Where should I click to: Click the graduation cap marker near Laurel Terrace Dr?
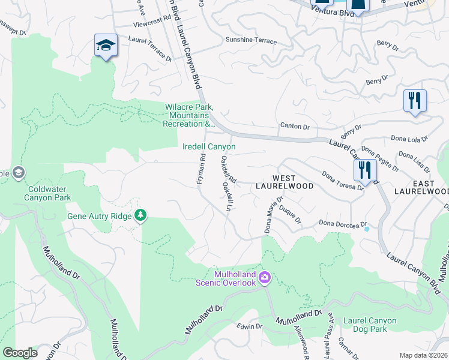(x=106, y=46)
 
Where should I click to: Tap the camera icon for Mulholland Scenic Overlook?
(x=265, y=278)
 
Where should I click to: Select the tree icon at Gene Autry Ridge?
(x=140, y=215)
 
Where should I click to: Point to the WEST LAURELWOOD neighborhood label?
(x=293, y=182)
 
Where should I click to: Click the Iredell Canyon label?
(x=209, y=146)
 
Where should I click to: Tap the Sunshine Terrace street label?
(x=251, y=41)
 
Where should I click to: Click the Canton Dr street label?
(x=295, y=126)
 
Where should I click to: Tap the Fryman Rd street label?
(x=202, y=170)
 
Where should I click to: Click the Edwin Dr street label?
(x=249, y=326)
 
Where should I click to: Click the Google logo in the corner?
(x=20, y=353)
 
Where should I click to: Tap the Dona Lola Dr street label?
(x=409, y=139)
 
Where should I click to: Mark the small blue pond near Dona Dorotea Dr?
(x=367, y=229)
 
